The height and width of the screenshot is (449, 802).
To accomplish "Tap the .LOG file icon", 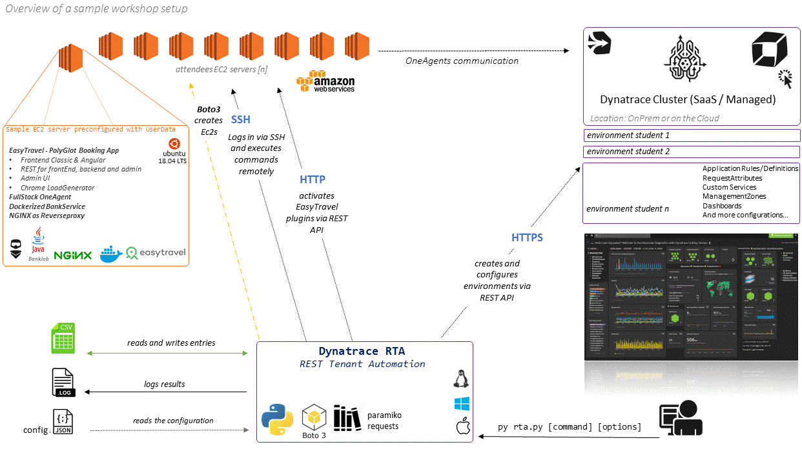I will pyautogui.click(x=63, y=383).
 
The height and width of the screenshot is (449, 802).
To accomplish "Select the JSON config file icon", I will pyautogui.click(x=63, y=422).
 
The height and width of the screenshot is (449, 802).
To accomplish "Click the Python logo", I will pyautogui.click(x=278, y=419).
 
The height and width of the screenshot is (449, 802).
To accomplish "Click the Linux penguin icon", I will pyautogui.click(x=461, y=379).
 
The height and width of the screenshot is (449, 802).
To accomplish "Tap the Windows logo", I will pyautogui.click(x=461, y=404).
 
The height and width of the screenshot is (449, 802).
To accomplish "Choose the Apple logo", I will pyautogui.click(x=461, y=426).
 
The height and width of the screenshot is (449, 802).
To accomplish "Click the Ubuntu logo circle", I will pyautogui.click(x=174, y=143).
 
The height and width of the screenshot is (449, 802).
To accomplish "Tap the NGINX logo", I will pyautogui.click(x=72, y=255).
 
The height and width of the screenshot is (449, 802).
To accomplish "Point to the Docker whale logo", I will pyautogui.click(x=111, y=254).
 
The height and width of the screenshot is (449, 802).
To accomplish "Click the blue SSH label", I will pyautogui.click(x=240, y=120).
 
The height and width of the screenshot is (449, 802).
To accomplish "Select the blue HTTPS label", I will pyautogui.click(x=527, y=237).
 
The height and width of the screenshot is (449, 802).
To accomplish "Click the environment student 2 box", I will pyautogui.click(x=691, y=152).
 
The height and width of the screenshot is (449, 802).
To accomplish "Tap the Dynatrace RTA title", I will pyautogui.click(x=362, y=351).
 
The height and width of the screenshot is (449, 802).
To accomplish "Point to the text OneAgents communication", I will pyautogui.click(x=462, y=61).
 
